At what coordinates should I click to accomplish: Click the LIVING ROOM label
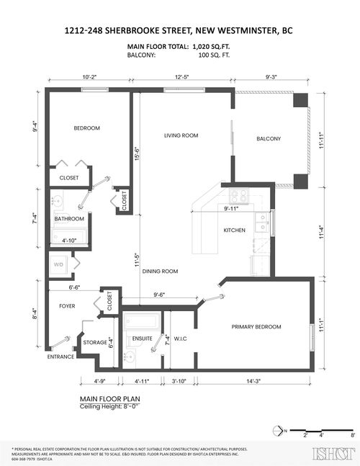[181, 135]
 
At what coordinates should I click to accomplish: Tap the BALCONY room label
[268, 139]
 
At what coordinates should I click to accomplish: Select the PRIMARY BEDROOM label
[256, 327]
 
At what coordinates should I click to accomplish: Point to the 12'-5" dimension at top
[180, 76]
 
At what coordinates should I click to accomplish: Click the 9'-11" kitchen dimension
[231, 209]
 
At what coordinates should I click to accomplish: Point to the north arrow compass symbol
[279, 432]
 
